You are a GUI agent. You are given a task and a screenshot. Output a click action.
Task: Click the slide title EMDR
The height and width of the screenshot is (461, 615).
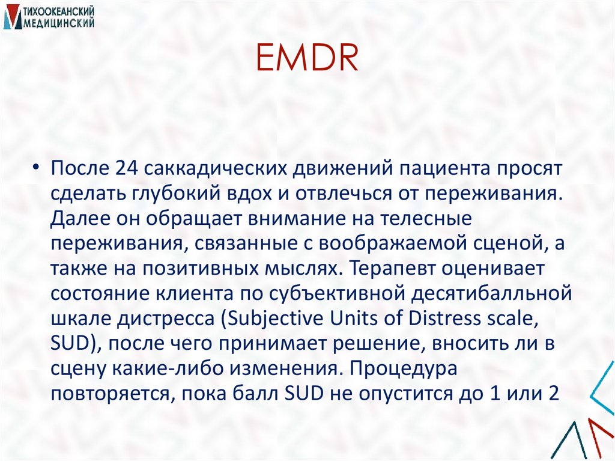tap(307, 60)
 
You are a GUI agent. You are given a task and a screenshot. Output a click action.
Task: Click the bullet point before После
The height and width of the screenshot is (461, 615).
tap(37, 169)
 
